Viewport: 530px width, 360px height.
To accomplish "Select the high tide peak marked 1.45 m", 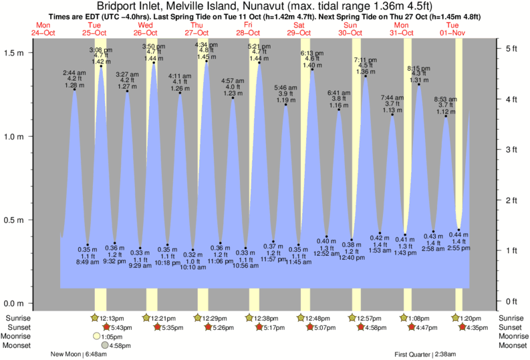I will pos(207,62).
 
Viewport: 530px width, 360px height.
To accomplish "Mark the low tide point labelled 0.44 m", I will pos(458,229).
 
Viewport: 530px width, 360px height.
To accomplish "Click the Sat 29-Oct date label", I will pos(299,29).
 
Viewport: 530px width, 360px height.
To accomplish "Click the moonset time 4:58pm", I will pos(120,345).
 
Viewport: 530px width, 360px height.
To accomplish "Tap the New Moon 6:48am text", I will pos(79,355).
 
